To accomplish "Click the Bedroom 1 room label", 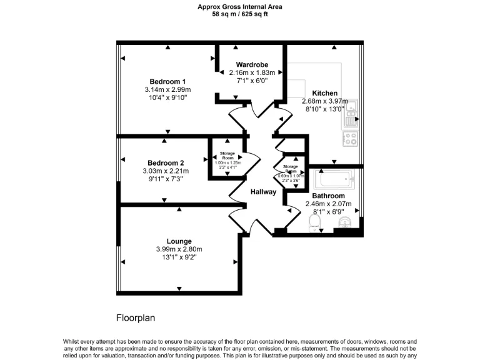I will pyautogui.click(x=167, y=81).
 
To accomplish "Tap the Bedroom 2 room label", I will pyautogui.click(x=166, y=162).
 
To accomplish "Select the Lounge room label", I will pyautogui.click(x=179, y=241).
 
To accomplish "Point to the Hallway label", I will pyautogui.click(x=263, y=192).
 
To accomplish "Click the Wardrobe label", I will pyautogui.click(x=252, y=64).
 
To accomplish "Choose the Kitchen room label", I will pyautogui.click(x=324, y=92).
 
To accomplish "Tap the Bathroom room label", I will pyautogui.click(x=328, y=196).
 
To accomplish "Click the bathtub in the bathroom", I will pyautogui.click(x=334, y=181).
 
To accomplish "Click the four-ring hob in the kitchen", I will pyautogui.click(x=350, y=138).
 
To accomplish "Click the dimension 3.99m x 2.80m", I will pyautogui.click(x=179, y=249).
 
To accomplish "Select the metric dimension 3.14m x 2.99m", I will pyautogui.click(x=167, y=89).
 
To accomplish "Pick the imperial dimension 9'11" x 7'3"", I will pyautogui.click(x=166, y=179).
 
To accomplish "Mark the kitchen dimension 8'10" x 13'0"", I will pyautogui.click(x=324, y=109).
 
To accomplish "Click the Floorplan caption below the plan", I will pyautogui.click(x=136, y=317).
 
